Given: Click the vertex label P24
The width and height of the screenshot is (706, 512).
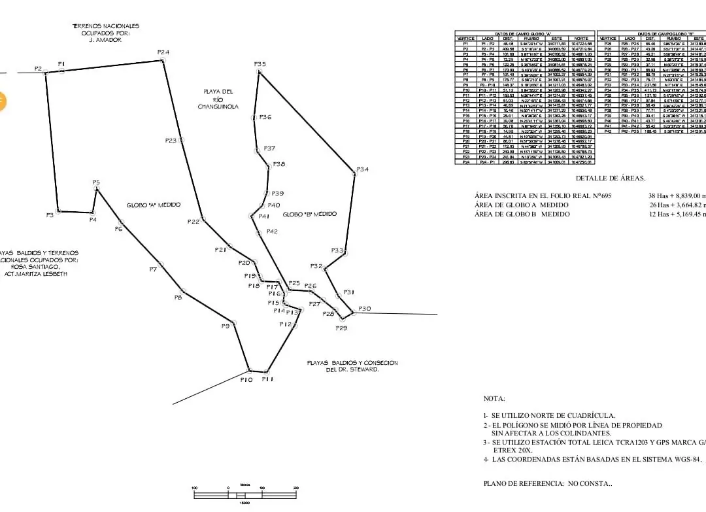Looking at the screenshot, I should coord(163,52).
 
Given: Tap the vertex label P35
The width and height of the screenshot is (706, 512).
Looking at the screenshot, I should coord(260,63).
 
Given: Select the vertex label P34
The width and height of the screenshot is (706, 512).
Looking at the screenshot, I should coord(362,169).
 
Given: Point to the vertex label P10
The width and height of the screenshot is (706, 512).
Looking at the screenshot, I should coord(246,379).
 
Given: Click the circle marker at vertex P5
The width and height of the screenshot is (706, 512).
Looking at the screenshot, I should coord(97,190).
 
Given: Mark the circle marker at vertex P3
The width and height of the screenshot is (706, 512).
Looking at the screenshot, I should coord(59,211).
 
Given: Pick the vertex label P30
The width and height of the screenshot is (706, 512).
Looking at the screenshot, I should coord(364,309).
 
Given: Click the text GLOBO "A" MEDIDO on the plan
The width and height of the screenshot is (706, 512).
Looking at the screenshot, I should coord(154,205).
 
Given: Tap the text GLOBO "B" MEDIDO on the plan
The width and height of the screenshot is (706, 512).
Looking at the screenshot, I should coord(310,214).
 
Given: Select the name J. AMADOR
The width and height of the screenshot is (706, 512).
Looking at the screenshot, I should coord(105,40).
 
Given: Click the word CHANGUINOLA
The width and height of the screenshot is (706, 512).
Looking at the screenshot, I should coord(217,106).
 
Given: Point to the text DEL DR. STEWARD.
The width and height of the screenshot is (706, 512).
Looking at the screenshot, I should coord(352,370).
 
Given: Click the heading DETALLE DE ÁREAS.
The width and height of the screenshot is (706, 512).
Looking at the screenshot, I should coord(611,179).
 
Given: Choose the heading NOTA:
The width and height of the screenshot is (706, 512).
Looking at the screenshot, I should coord(494,398).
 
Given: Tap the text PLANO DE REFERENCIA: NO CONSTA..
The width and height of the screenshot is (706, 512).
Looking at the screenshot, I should coord(548,484).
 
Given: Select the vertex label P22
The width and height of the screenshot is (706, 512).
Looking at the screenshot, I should coord(193,222).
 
